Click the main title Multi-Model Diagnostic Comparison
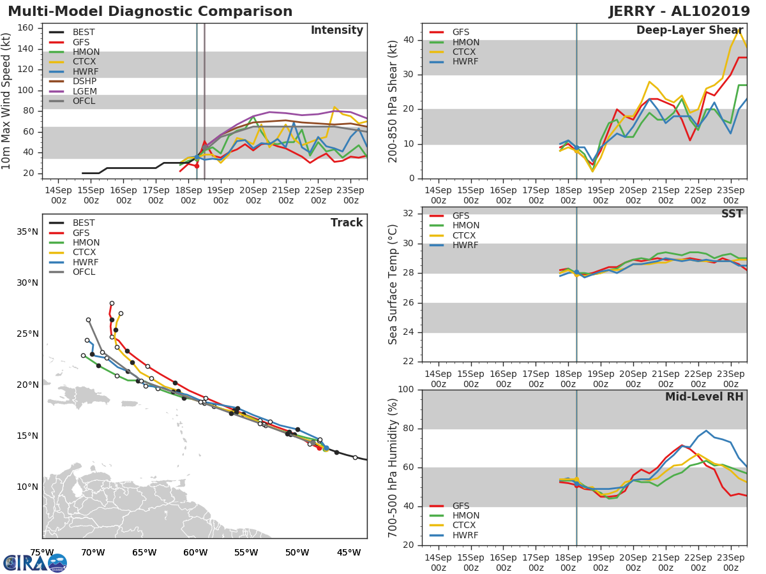click(150, 11)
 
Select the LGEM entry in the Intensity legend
click(85, 92)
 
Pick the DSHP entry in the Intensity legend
click(85, 82)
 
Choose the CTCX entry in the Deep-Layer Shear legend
click(465, 52)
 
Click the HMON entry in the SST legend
click(465, 226)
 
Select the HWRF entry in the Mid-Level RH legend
click(465, 536)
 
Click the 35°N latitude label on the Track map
click(27, 232)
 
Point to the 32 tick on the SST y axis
click(409, 214)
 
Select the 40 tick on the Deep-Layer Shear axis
click(409, 40)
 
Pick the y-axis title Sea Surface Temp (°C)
click(393, 285)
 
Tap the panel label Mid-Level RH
click(704, 397)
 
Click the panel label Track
click(347, 223)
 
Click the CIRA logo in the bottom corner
click(34, 563)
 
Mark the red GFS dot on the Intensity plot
click(197, 166)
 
